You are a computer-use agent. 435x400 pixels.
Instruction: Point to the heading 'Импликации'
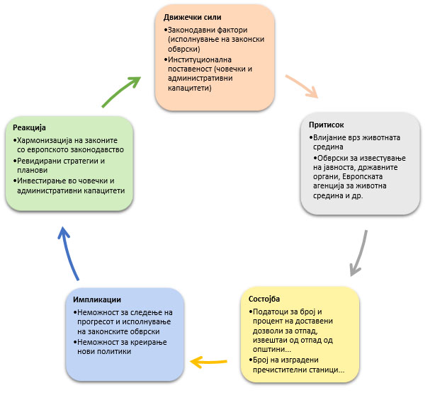click(x=96, y=299)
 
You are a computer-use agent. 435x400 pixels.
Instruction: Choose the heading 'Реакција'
click(x=29, y=127)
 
